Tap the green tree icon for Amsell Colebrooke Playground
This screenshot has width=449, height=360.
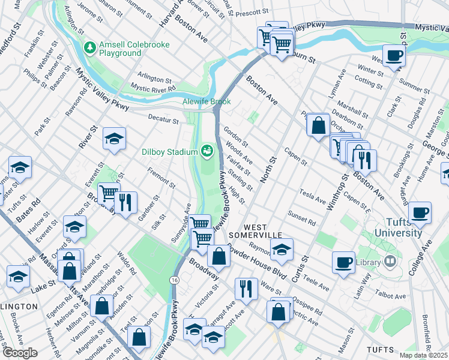(x=90, y=46)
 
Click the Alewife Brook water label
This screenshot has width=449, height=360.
(x=206, y=101)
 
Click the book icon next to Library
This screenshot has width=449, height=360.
(x=390, y=262)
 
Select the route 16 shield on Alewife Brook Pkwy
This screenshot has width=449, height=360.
(x=174, y=280)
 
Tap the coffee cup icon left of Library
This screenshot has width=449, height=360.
(x=344, y=261)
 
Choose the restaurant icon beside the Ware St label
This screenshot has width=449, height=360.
(x=246, y=289)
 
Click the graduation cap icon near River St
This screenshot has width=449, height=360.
(x=113, y=139)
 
